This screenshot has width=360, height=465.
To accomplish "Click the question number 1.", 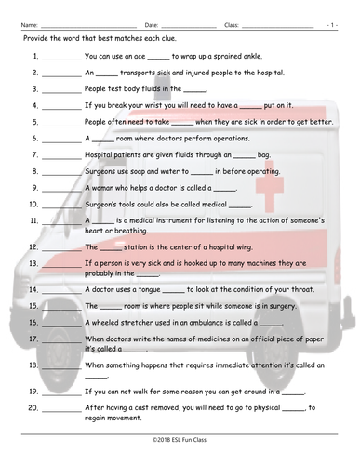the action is (x=34, y=56).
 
